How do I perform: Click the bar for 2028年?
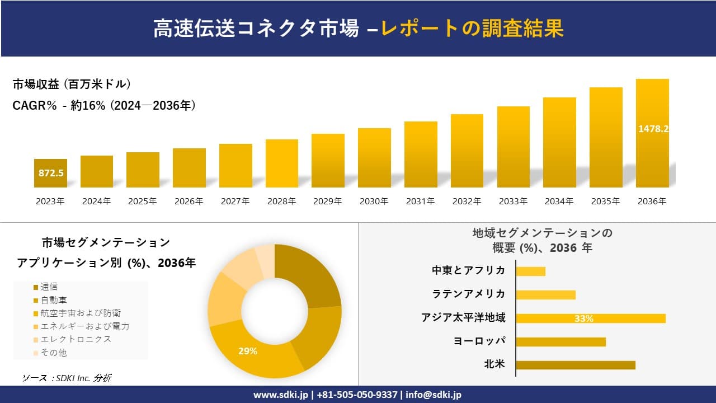tap(281, 163)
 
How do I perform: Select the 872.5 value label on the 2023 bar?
tap(51, 174)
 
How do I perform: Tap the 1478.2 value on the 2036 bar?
tap(653, 129)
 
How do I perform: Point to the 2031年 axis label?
tap(420, 201)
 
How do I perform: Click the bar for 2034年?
tap(559, 143)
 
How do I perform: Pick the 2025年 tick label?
tap(143, 201)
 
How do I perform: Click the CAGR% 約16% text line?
tap(104, 105)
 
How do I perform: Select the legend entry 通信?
tap(49, 287)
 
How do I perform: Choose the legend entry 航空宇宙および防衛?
tap(80, 313)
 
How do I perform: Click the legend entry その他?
tap(53, 353)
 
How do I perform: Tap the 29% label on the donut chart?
tap(247, 351)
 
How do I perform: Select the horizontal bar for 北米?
tap(575, 365)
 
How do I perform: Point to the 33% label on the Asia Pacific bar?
tap(583, 318)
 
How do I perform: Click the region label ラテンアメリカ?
tap(468, 294)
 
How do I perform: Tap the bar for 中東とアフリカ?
tap(530, 271)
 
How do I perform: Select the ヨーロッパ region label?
tap(479, 341)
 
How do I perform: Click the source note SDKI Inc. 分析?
tap(67, 378)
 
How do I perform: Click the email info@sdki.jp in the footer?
tap(435, 395)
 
